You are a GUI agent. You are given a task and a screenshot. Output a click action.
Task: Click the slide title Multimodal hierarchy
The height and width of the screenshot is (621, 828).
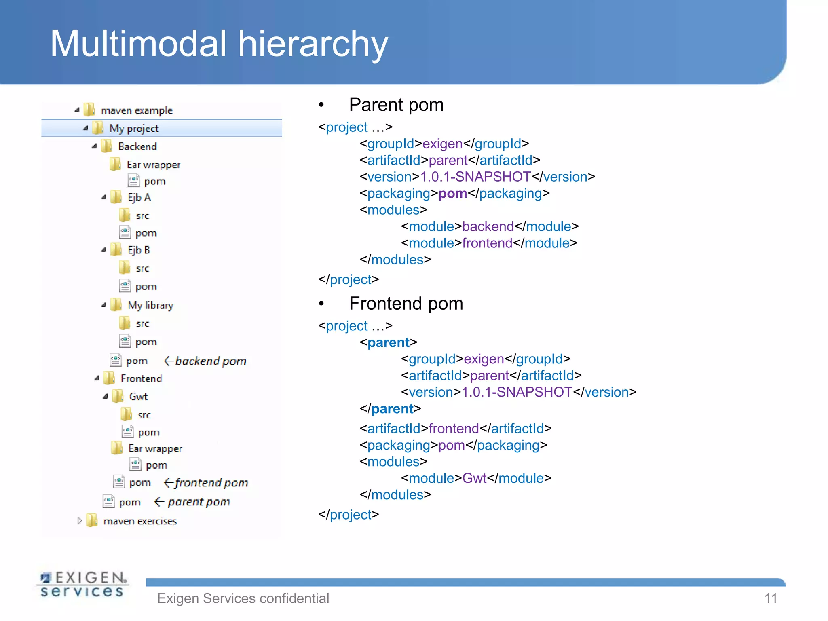(x=219, y=44)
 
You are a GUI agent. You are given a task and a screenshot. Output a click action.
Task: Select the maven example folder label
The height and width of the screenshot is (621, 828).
(x=136, y=110)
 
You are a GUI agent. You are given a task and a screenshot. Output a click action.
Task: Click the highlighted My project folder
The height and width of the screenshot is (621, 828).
(x=134, y=129)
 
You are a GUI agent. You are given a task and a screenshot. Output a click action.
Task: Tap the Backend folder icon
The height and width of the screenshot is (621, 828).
(x=107, y=146)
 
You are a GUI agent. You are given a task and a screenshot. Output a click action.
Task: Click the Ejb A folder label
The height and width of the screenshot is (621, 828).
(x=139, y=197)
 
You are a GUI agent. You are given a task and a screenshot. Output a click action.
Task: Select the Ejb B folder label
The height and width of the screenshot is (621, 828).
(x=139, y=250)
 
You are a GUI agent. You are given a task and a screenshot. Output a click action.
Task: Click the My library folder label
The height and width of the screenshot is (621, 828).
(x=150, y=305)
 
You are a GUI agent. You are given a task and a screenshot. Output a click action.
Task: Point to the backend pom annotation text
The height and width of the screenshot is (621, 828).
(x=211, y=361)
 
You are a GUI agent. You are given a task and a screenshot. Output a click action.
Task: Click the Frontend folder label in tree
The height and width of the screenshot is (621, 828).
(x=141, y=378)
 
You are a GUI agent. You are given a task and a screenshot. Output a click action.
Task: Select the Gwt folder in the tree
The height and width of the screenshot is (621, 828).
(x=138, y=397)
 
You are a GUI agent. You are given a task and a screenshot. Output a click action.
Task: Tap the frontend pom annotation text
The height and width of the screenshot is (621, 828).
(x=211, y=482)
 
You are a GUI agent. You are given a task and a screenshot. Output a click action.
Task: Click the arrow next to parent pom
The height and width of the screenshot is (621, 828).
(x=159, y=502)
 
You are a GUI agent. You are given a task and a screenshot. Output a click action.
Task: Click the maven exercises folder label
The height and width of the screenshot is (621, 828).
(x=140, y=521)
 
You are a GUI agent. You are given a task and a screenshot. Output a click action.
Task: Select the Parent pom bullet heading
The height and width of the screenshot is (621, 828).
(x=396, y=105)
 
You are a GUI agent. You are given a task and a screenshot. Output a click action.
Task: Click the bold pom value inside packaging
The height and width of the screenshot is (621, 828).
(x=452, y=193)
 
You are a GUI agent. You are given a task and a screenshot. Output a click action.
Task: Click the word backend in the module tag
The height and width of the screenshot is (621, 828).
(x=488, y=226)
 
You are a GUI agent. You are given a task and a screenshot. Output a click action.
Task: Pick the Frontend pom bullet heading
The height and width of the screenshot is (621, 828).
(x=406, y=304)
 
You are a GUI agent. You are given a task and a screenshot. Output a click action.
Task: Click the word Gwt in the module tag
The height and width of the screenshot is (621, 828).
(x=474, y=478)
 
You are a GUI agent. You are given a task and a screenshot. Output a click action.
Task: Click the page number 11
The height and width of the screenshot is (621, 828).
(x=771, y=598)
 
